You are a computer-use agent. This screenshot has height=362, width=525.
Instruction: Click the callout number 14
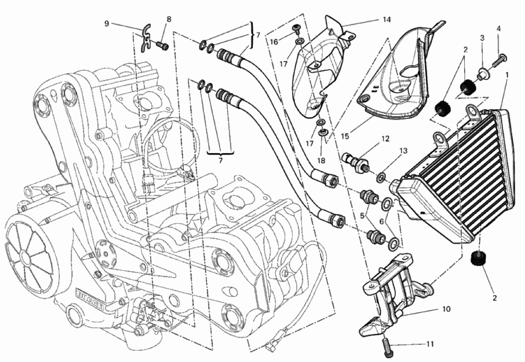(x=386, y=20)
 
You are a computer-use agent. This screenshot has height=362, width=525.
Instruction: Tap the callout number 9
(x=107, y=23)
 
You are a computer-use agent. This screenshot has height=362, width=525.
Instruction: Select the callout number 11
(x=430, y=344)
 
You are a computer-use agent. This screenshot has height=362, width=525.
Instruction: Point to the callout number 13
(x=403, y=151)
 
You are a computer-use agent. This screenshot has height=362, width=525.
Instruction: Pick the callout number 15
(x=345, y=136)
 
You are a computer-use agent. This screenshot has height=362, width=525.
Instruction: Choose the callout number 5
(x=362, y=216)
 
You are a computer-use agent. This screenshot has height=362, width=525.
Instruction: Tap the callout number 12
(x=386, y=139)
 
